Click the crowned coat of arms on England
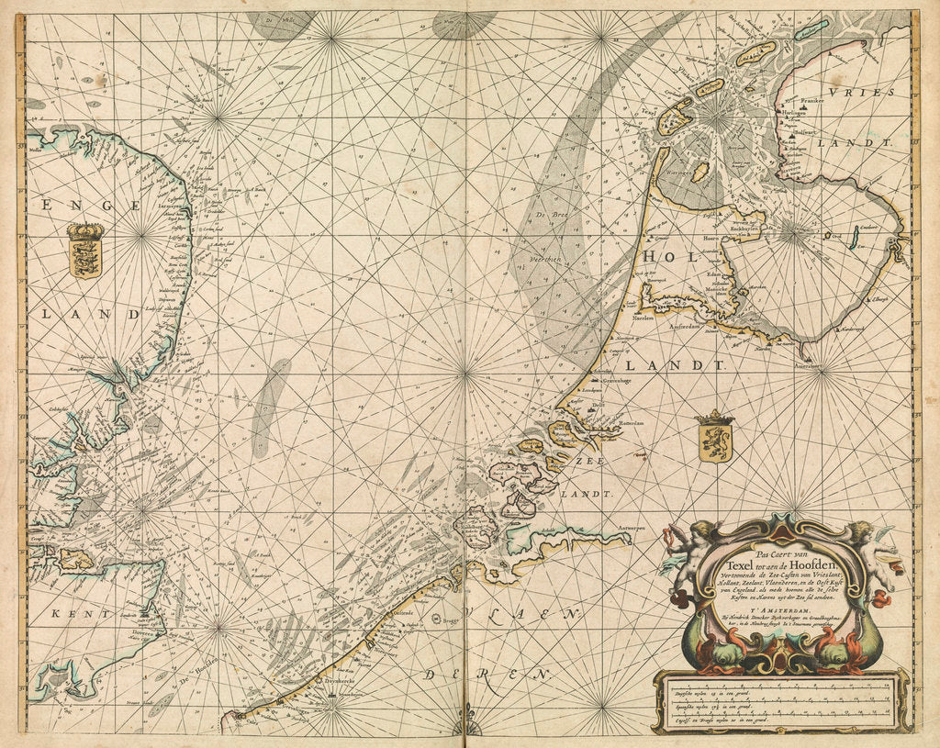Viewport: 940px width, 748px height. (x=85, y=251)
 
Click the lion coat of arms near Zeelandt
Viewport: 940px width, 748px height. (x=715, y=437)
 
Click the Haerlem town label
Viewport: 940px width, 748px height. (x=643, y=318)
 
